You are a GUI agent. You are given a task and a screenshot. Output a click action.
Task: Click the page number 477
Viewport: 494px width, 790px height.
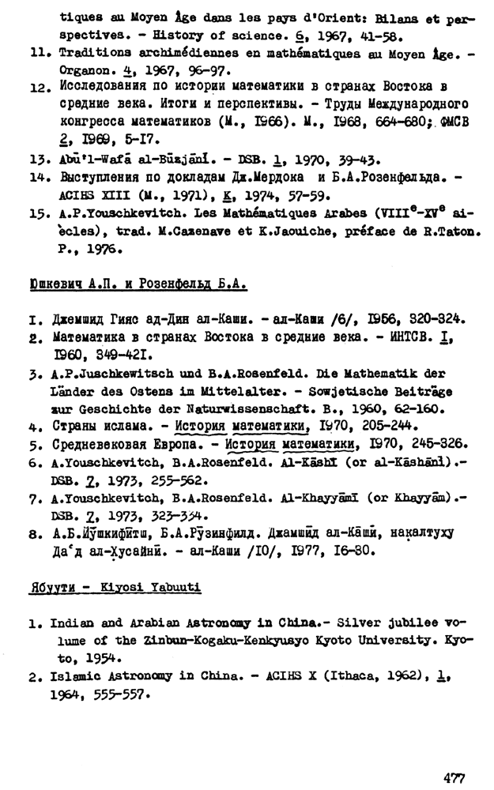tap(454, 777)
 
